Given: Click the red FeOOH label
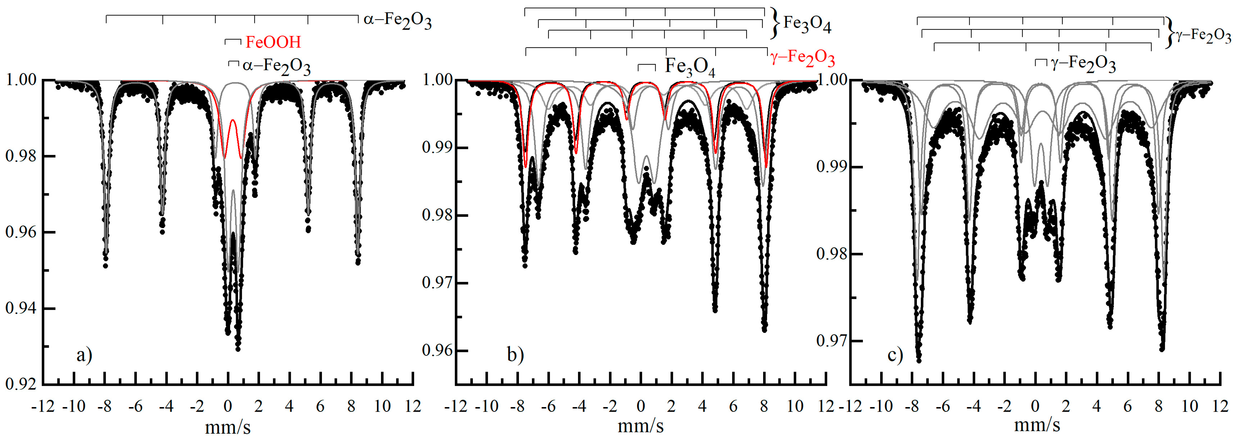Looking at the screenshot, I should click(273, 42).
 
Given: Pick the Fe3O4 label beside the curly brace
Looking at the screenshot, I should click(807, 23).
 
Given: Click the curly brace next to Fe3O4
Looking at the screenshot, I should click(774, 23).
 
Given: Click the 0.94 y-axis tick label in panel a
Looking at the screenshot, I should click(21, 308).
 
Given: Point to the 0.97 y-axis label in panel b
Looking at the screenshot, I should click(438, 283).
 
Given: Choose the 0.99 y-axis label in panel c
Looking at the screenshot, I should click(832, 167).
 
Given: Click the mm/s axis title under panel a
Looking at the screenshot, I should click(228, 427).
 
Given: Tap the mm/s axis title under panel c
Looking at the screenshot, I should click(1036, 425).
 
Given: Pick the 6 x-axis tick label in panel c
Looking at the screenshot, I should click(1127, 407).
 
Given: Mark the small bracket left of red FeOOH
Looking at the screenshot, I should click(233, 42).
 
